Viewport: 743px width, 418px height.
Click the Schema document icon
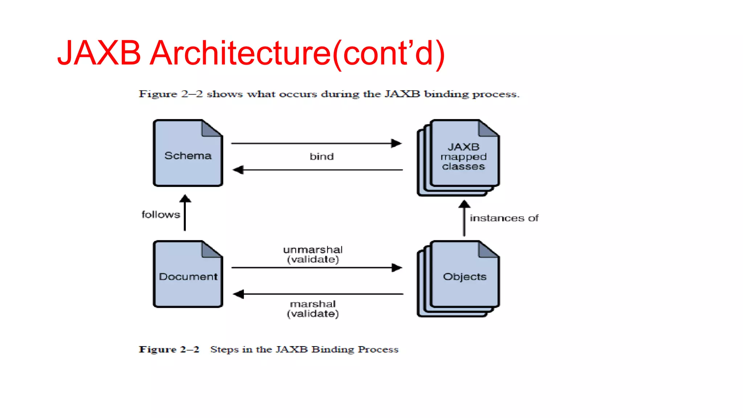pyautogui.click(x=188, y=153)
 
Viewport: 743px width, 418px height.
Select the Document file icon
pyautogui.click(x=188, y=274)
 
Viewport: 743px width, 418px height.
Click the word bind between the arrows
pyautogui.click(x=321, y=156)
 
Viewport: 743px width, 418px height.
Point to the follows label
pyautogui.click(x=160, y=214)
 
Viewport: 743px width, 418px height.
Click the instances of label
pyautogui.click(x=504, y=218)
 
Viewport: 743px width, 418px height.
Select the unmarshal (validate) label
pyautogui.click(x=313, y=254)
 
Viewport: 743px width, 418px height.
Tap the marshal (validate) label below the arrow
pyautogui.click(x=313, y=309)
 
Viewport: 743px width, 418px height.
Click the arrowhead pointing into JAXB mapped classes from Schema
pyautogui.click(x=397, y=143)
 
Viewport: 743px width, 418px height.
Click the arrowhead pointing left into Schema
pyautogui.click(x=238, y=170)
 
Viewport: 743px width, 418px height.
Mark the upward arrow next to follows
pyautogui.click(x=185, y=213)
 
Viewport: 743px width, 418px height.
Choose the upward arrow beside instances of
pyautogui.click(x=464, y=218)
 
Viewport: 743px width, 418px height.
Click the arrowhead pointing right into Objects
pyautogui.click(x=397, y=268)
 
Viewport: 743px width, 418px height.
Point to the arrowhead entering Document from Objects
pyautogui.click(x=238, y=294)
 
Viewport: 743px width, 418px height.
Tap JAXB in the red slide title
pyautogui.click(x=99, y=53)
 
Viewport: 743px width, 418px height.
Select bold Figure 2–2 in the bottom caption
pyautogui.click(x=169, y=349)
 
